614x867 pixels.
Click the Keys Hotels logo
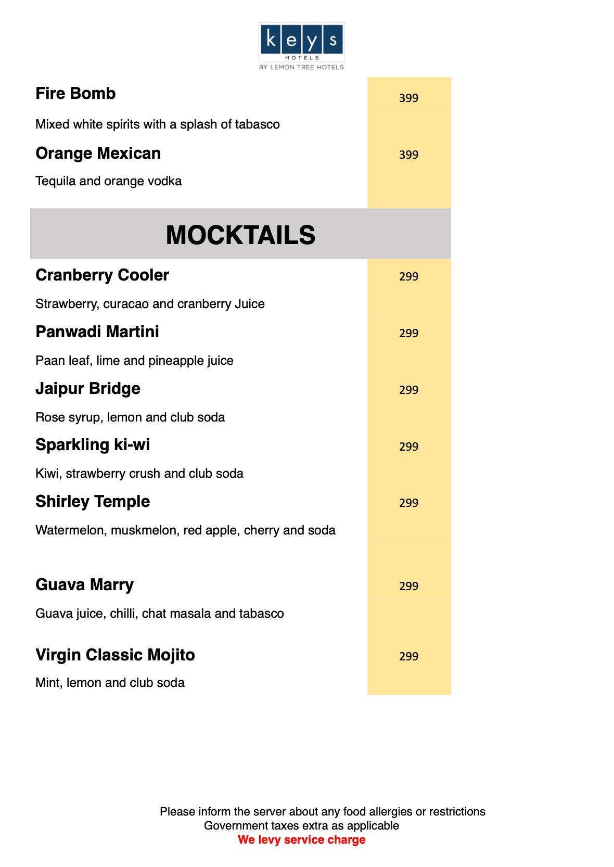301,46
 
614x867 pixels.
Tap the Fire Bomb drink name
75,94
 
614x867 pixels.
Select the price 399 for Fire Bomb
408,98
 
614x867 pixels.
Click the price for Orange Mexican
408,155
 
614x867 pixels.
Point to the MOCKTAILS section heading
240,235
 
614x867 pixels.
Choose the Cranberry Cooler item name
102,275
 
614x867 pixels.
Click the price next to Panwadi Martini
408,333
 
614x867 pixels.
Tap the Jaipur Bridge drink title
88,389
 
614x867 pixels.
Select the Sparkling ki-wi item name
93,445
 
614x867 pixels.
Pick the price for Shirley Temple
408,503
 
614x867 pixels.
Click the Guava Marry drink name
84,585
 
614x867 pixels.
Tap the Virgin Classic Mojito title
115,655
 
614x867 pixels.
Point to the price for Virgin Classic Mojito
408,656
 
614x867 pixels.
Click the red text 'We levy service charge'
302,839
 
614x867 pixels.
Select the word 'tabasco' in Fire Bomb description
259,124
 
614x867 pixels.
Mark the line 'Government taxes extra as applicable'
301,825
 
